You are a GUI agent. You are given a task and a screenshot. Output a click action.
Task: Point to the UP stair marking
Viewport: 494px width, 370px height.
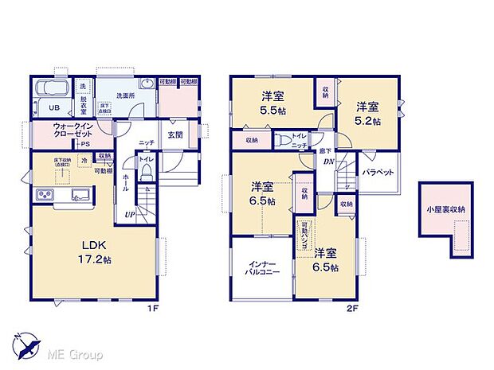pyautogui.click(x=129, y=215)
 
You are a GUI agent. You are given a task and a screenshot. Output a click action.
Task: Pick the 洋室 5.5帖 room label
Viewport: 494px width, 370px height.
pyautogui.click(x=274, y=103)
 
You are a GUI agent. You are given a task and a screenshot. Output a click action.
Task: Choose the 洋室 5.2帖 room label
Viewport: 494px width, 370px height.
pyautogui.click(x=367, y=112)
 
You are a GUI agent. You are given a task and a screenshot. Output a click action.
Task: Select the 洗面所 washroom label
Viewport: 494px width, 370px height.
pyautogui.click(x=125, y=95)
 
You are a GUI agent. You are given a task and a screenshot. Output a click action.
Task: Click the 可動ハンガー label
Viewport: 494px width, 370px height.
pyautogui.click(x=304, y=234)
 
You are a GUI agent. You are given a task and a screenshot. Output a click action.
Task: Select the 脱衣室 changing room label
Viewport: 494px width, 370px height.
pyautogui.click(x=82, y=103)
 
